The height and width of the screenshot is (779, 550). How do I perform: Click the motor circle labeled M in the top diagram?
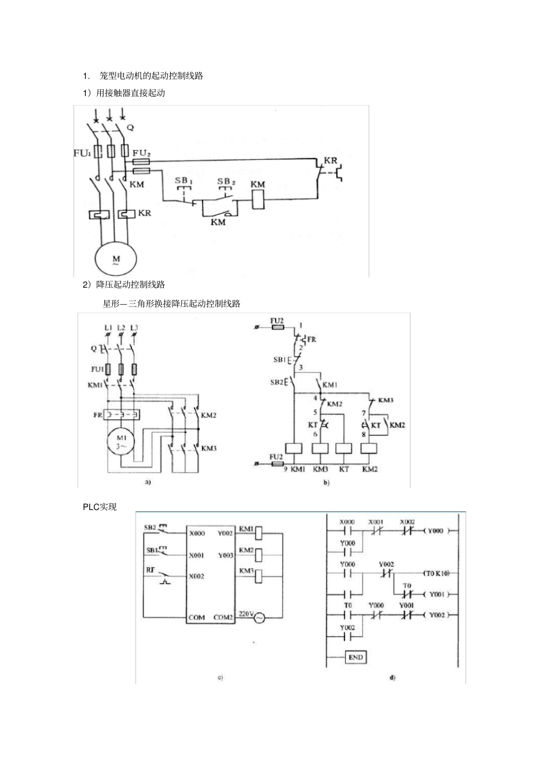pyautogui.click(x=116, y=258)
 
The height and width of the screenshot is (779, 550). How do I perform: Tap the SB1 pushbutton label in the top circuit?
pyautogui.click(x=184, y=181)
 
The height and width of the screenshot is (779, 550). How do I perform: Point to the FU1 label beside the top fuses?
pyautogui.click(x=82, y=153)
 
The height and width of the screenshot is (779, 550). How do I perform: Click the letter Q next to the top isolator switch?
pyautogui.click(x=130, y=127)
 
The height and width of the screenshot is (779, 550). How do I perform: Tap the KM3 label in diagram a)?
pyautogui.click(x=208, y=448)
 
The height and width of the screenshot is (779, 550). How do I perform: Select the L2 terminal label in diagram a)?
pyautogui.click(x=121, y=328)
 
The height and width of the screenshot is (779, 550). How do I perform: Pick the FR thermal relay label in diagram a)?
pyautogui.click(x=98, y=415)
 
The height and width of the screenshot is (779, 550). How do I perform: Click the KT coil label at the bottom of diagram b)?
pyautogui.click(x=344, y=469)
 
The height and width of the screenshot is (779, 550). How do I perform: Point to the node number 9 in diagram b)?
pyautogui.click(x=285, y=469)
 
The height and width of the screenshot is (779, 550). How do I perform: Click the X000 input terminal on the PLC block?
pyautogui.click(x=197, y=533)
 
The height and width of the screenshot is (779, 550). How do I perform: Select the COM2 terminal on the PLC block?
pyautogui.click(x=223, y=617)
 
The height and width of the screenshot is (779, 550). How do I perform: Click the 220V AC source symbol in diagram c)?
pyautogui.click(x=256, y=618)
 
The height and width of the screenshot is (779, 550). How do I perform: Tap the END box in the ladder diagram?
pyautogui.click(x=355, y=657)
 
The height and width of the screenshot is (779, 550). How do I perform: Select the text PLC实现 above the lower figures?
pyautogui.click(x=100, y=507)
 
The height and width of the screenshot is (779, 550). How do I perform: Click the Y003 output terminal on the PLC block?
pyautogui.click(x=226, y=555)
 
